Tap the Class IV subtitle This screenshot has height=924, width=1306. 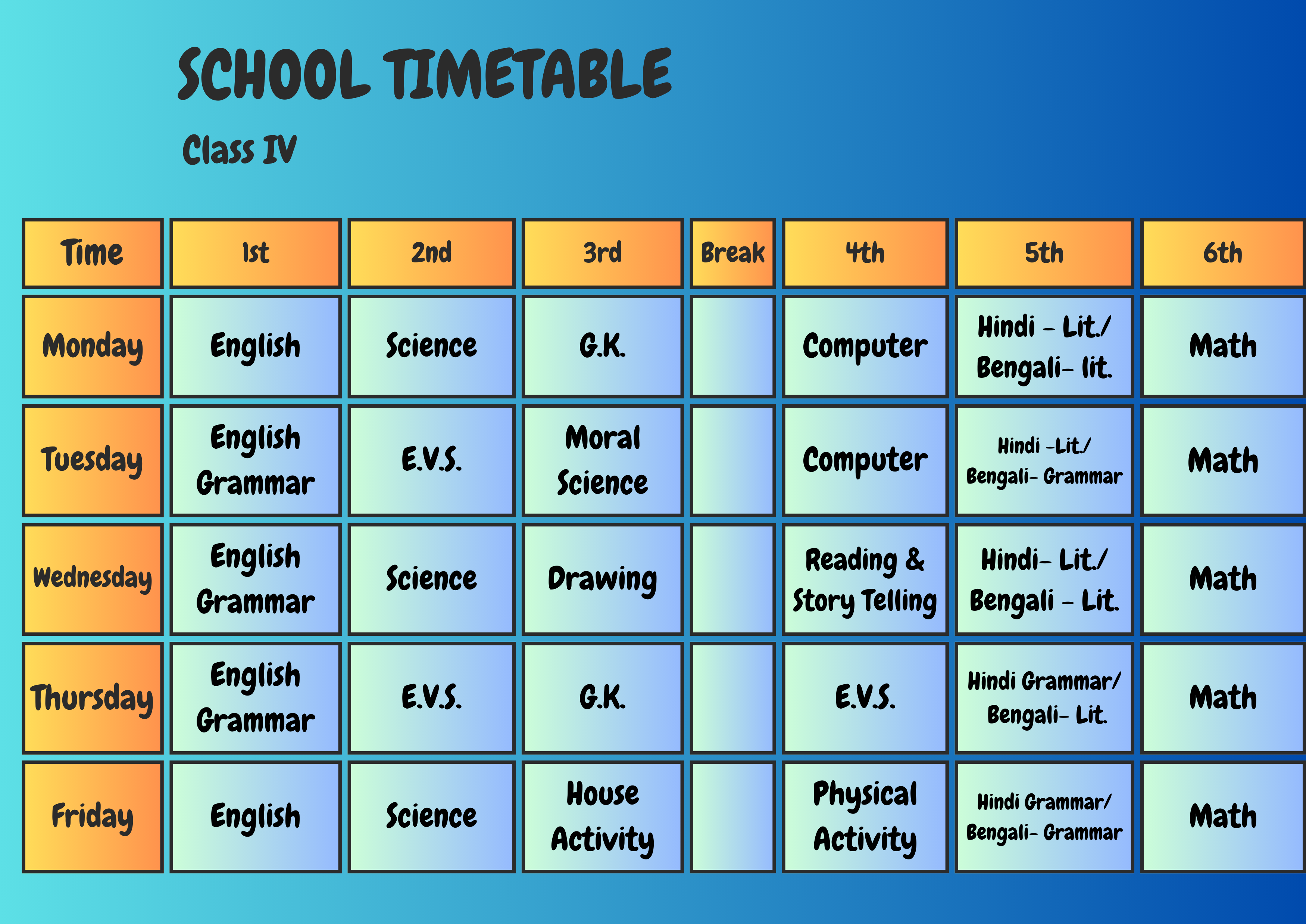(x=239, y=150)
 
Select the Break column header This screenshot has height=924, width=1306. (x=732, y=253)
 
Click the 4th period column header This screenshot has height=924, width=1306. (x=865, y=253)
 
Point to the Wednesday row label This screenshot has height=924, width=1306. (x=93, y=579)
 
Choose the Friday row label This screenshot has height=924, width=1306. (x=93, y=816)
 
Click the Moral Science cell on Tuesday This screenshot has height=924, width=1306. (x=602, y=460)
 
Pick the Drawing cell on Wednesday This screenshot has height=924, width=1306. (x=602, y=579)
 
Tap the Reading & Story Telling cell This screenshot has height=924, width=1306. (x=865, y=579)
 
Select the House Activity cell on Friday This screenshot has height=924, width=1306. (x=602, y=816)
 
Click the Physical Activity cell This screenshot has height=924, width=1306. (x=865, y=816)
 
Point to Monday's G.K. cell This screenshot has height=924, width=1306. (x=602, y=346)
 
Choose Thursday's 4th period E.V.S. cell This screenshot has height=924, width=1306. (x=865, y=697)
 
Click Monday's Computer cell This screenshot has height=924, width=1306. (x=865, y=346)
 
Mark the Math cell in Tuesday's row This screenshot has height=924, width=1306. (x=1223, y=460)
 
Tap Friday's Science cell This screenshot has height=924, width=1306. (x=431, y=816)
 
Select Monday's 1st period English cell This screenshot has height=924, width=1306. (x=255, y=346)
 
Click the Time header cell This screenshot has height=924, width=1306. (x=93, y=253)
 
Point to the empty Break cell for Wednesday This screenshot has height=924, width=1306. (x=732, y=579)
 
